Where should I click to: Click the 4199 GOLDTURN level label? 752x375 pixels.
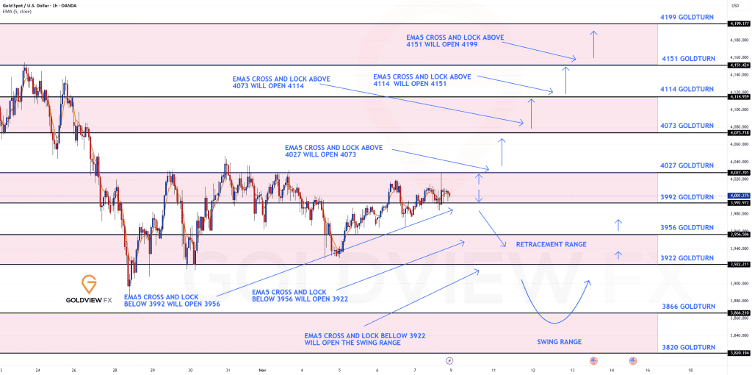pyautogui.click(x=687, y=15)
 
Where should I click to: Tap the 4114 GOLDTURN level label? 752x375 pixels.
pyautogui.click(x=687, y=89)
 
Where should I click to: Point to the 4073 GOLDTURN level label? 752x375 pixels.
pyautogui.click(x=687, y=126)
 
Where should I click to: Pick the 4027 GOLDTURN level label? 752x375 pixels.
pyautogui.click(x=687, y=166)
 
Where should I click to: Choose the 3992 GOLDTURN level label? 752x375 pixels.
pyautogui.click(x=687, y=197)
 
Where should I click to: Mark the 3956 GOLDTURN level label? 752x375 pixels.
pyautogui.click(x=687, y=228)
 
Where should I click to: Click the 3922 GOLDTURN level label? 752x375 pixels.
pyautogui.click(x=687, y=258)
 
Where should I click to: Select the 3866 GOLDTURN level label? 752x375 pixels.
pyautogui.click(x=687, y=306)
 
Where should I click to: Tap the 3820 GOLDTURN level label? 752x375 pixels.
pyautogui.click(x=687, y=347)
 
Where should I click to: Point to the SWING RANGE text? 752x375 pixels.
pyautogui.click(x=560, y=341)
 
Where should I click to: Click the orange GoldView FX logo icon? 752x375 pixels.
pyautogui.click(x=89, y=284)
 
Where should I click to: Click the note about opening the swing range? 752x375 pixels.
pyautogui.click(x=364, y=339)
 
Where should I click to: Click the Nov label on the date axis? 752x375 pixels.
pyautogui.click(x=261, y=371)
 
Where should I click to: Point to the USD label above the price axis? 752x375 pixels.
pyautogui.click(x=735, y=6)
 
